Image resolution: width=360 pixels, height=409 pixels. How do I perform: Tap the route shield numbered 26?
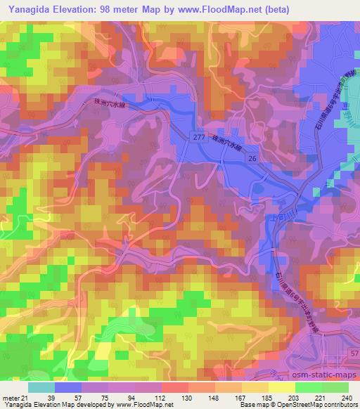point(250,160)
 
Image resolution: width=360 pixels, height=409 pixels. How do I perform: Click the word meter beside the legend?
point(10,398)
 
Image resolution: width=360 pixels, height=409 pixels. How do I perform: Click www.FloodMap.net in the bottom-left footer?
point(147,405)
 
